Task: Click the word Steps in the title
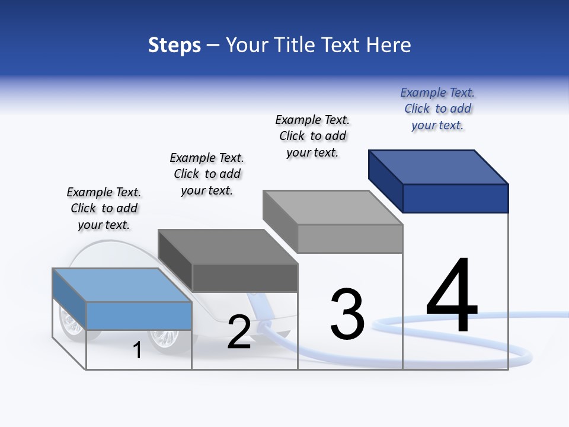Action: click(x=174, y=45)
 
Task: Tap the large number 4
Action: click(x=452, y=296)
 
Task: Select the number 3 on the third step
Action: click(x=347, y=314)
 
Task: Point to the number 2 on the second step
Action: click(x=239, y=332)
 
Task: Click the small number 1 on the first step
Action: click(x=138, y=350)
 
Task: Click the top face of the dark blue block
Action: click(x=439, y=167)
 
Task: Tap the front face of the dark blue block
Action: click(x=455, y=198)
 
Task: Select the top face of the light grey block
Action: click(x=333, y=207)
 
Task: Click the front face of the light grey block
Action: click(x=350, y=238)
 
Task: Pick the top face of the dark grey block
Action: click(x=228, y=246)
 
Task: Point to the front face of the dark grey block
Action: click(x=245, y=278)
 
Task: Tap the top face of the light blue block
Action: click(x=122, y=285)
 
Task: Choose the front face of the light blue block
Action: click(x=139, y=316)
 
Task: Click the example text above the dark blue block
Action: click(x=437, y=109)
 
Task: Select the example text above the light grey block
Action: click(x=312, y=136)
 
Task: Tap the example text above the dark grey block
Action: click(x=207, y=174)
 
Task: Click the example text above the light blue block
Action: click(x=104, y=209)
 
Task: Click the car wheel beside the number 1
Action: click(x=164, y=339)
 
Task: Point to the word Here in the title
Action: click(x=391, y=45)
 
